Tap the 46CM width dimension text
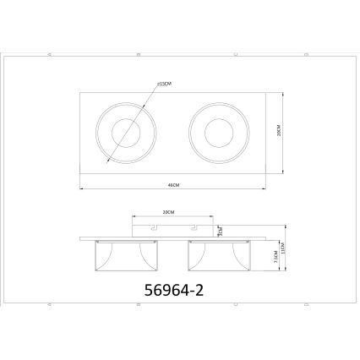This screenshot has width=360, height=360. point(173,183)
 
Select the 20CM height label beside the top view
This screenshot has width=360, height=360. point(278,132)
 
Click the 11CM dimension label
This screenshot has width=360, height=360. point(285,251)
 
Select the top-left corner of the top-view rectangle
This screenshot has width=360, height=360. point(80,92)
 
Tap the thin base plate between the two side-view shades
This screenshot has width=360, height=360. point(172,238)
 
